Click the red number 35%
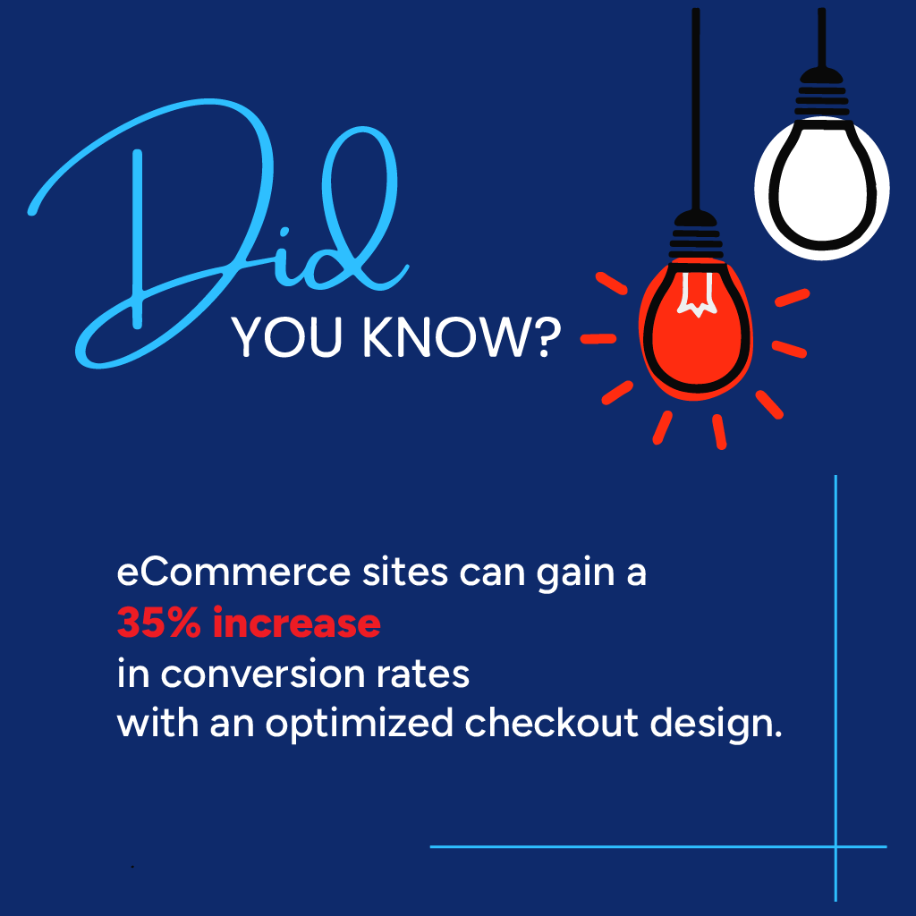(161, 623)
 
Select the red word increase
(297, 623)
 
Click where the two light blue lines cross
(835, 846)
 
